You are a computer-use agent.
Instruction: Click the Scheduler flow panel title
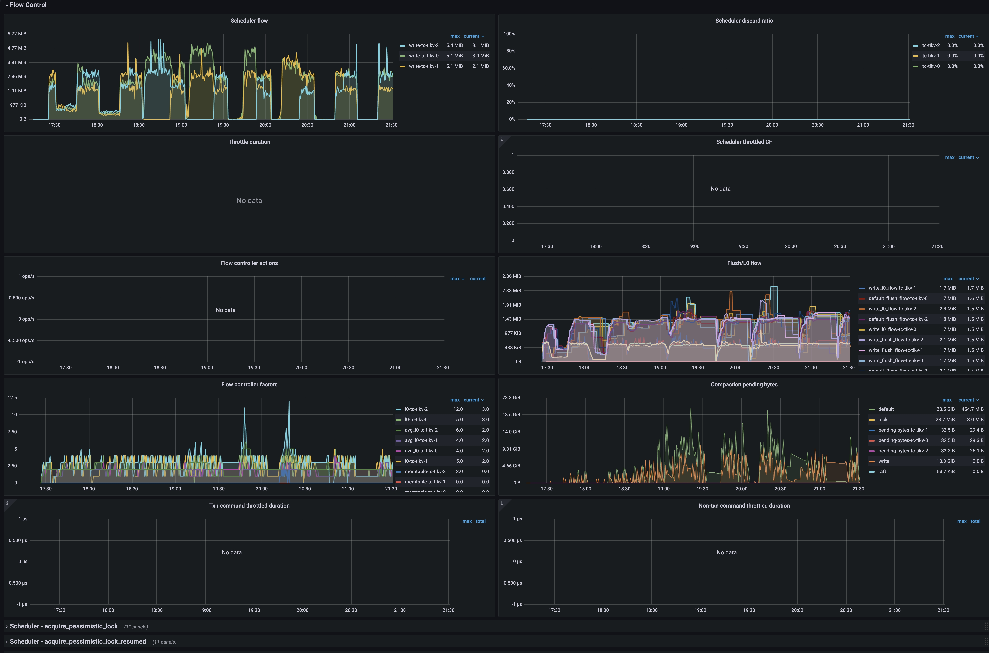coord(249,20)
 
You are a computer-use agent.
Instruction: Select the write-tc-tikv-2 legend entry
coord(423,45)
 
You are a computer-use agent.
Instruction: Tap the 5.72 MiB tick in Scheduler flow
coord(17,34)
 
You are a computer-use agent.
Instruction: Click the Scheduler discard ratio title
coord(744,20)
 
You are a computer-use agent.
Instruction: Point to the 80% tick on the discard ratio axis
coord(510,51)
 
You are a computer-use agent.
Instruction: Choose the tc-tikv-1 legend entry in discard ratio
coord(931,56)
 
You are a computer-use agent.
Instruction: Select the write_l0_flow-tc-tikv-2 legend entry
coord(892,309)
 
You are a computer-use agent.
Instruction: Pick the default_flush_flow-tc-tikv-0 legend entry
coord(898,298)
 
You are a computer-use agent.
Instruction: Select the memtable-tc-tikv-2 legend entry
coord(425,472)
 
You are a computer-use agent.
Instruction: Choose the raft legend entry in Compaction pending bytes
coord(882,472)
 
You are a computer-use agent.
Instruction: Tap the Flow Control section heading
coord(28,5)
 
